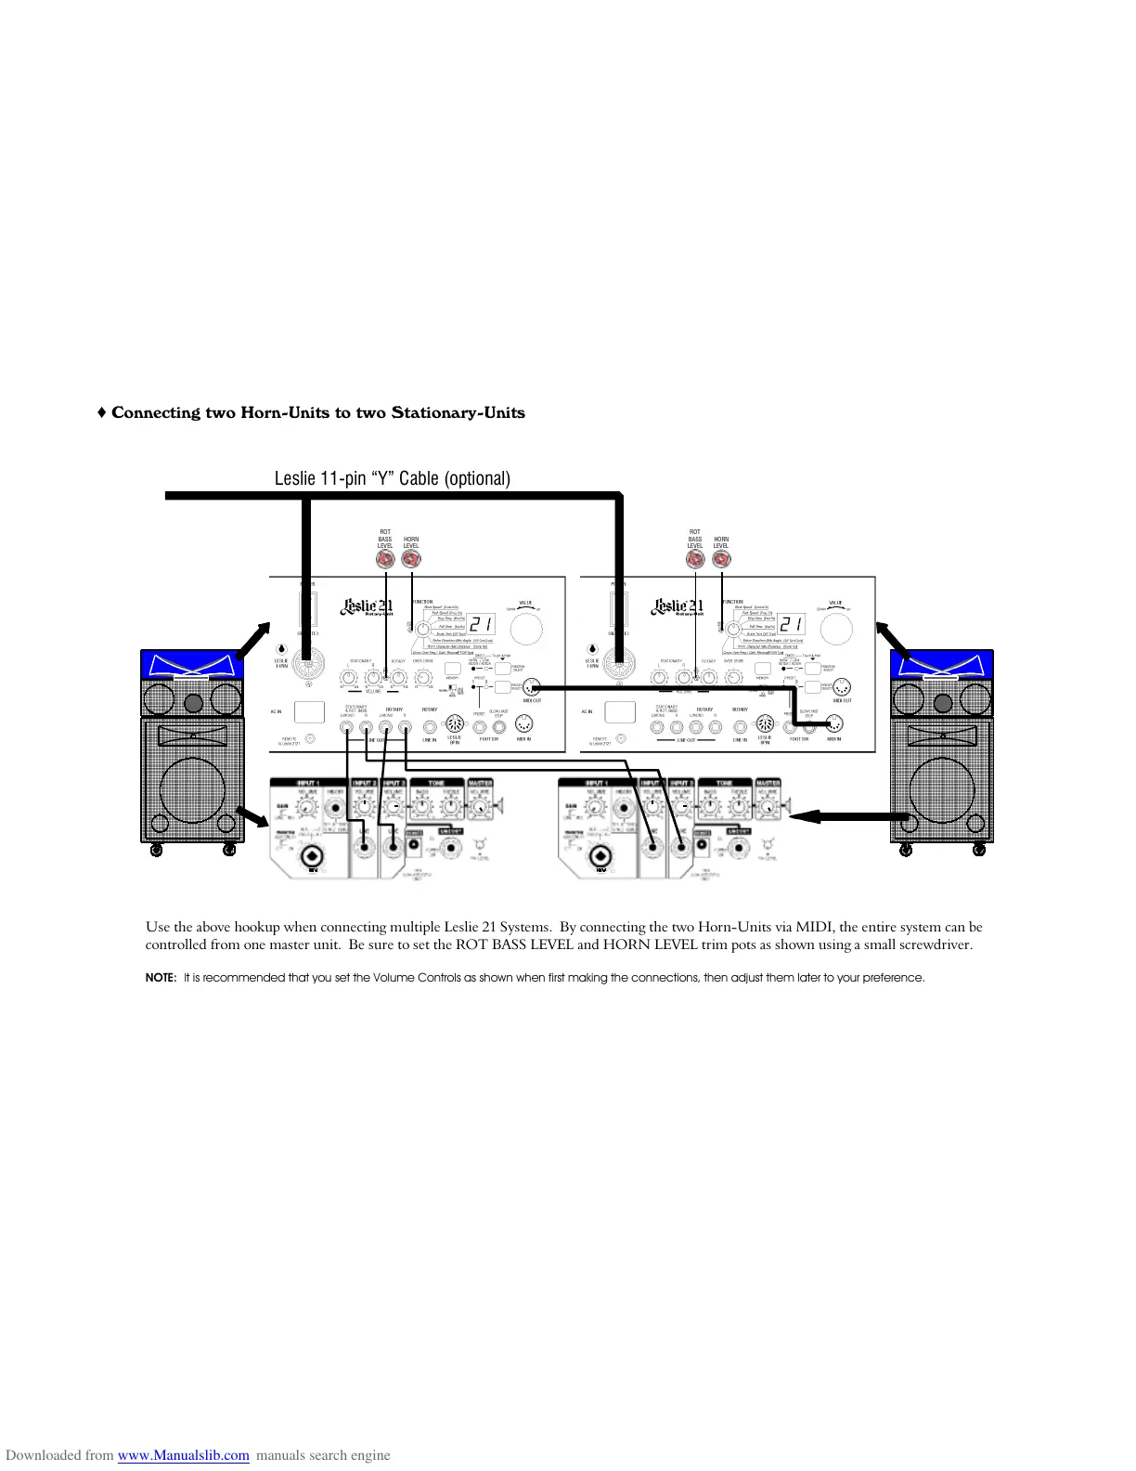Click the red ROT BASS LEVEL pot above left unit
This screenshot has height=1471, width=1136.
click(x=386, y=559)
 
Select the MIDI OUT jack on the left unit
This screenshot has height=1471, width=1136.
click(x=532, y=688)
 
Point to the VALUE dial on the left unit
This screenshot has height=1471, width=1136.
click(x=525, y=629)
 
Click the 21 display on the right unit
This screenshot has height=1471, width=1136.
click(x=792, y=624)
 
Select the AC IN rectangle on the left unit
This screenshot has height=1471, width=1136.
click(x=309, y=712)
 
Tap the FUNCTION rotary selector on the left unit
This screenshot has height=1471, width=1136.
click(x=423, y=630)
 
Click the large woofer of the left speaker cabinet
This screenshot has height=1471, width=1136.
click(x=192, y=789)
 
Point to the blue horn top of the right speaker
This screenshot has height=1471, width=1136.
click(x=941, y=665)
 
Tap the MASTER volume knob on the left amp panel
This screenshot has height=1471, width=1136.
click(x=480, y=810)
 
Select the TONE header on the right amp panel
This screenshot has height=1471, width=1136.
click(x=725, y=783)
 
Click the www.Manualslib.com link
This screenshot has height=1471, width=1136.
click(x=184, y=1455)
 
